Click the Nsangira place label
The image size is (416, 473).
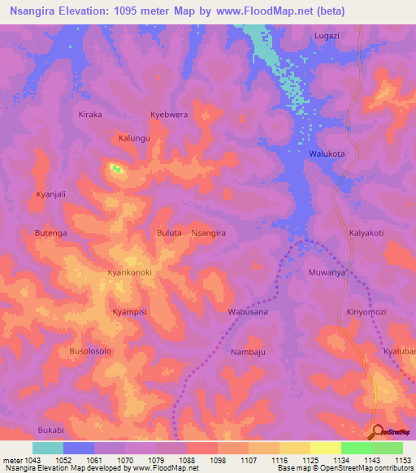[208, 232]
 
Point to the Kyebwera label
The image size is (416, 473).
[169, 115]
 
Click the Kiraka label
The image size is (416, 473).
[89, 115]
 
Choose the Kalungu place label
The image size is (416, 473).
[135, 138]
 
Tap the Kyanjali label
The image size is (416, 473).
[50, 194]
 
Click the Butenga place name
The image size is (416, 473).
[50, 232]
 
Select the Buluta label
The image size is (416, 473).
[169, 232]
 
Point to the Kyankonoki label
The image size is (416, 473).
[130, 272]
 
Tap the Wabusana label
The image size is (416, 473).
[248, 311]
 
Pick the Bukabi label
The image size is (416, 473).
[50, 429]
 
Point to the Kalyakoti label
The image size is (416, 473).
[366, 232]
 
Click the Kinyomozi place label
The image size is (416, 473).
[369, 311]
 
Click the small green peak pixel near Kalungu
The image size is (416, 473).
[115, 169]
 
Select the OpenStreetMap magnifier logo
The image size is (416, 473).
[376, 432]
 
